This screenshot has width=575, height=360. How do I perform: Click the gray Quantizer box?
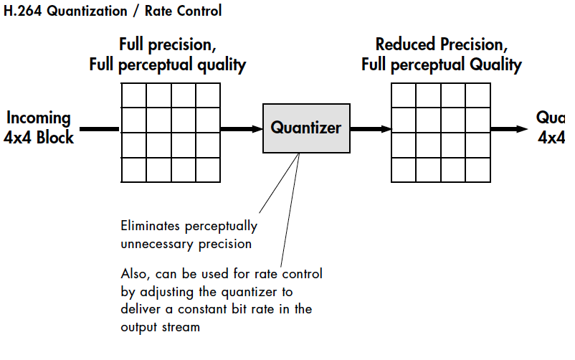tap(306, 128)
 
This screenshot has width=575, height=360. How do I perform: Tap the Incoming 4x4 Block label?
tap(39, 128)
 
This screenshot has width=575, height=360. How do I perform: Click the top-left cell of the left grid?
tap(133, 95)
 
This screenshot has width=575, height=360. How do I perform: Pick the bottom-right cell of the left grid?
tap(208, 170)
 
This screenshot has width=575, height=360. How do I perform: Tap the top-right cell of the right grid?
tap(478, 95)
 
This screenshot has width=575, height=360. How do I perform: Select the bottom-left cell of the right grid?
tap(404, 170)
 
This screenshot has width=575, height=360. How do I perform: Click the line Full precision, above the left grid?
tap(168, 44)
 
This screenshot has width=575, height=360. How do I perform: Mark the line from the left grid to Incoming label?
tap(99, 129)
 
